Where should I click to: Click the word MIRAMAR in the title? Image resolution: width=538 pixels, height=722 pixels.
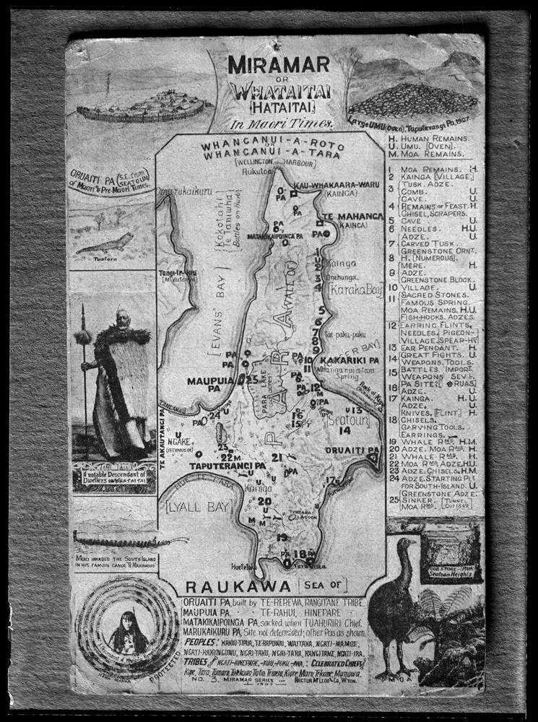pos(279,65)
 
